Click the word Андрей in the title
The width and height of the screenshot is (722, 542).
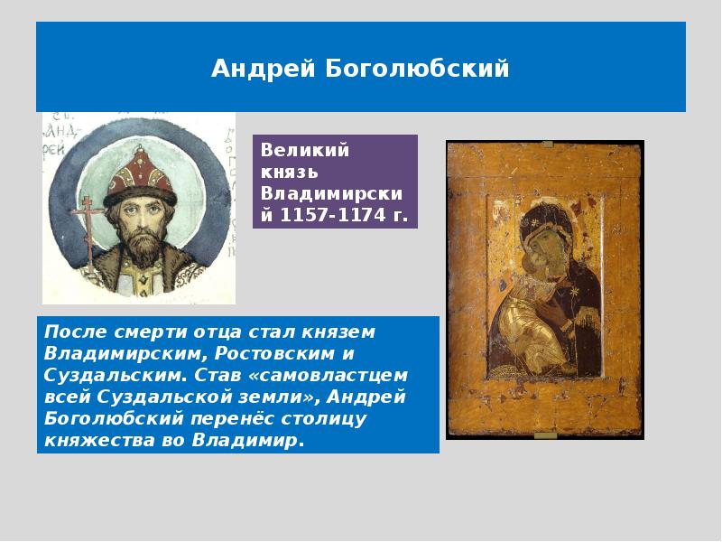pyautogui.click(x=264, y=69)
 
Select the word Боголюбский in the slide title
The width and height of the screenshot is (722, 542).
pyautogui.click(x=417, y=69)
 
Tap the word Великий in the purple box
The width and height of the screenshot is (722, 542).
pyautogui.click(x=305, y=150)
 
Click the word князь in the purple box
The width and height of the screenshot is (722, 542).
pyautogui.click(x=289, y=172)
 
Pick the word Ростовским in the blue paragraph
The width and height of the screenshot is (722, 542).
pyautogui.click(x=275, y=353)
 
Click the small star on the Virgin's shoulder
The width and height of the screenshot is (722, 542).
pyautogui.click(x=574, y=292)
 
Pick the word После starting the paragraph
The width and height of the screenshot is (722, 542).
pyautogui.click(x=77, y=332)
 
